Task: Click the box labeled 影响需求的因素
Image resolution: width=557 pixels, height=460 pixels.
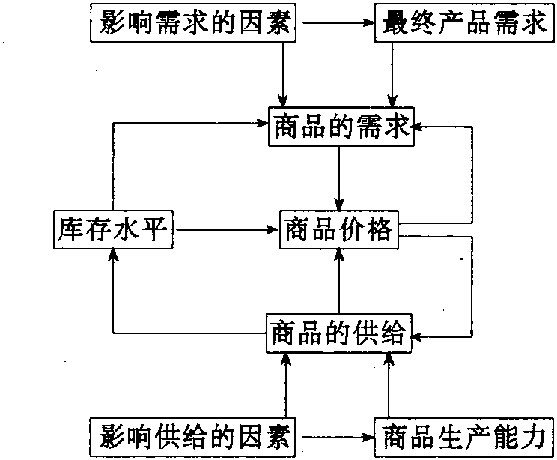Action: coord(194,25)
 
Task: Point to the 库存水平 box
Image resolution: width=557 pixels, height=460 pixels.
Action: coord(113,229)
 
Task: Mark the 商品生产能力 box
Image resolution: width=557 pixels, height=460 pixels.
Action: coord(462,435)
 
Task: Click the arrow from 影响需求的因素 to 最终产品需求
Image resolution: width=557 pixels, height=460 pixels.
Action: coord(337,25)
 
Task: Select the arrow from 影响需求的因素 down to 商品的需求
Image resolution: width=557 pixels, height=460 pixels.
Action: coord(283,75)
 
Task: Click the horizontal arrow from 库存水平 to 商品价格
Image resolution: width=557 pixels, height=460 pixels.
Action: coord(225,229)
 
